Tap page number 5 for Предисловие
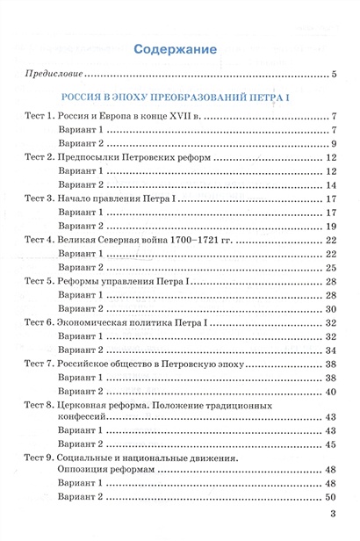pos(335,76)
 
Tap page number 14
pos(332,184)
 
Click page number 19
pos(332,226)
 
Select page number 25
pos(332,267)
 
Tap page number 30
pos(332,309)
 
